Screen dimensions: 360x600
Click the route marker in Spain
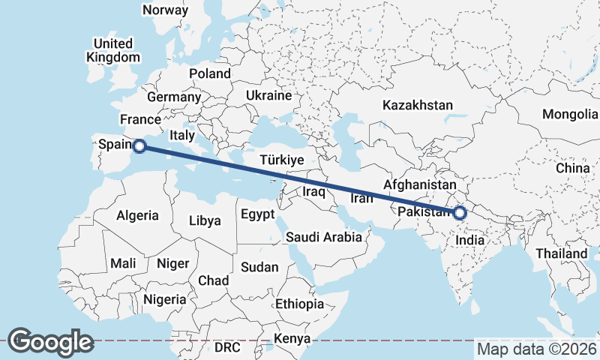click(138, 147)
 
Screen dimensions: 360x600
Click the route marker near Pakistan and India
click(460, 213)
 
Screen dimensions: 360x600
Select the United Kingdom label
click(112, 50)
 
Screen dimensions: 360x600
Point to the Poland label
click(210, 73)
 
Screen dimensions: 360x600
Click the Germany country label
click(174, 97)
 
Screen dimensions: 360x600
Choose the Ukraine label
click(268, 96)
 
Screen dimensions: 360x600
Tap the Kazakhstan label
click(418, 105)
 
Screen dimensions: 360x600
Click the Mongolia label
click(570, 114)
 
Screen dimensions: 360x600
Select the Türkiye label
click(281, 160)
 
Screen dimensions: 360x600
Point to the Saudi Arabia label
click(324, 237)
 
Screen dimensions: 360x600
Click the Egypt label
click(257, 214)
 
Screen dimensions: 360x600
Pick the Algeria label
click(137, 215)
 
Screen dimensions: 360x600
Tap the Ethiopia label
click(299, 304)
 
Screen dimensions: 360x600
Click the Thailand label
click(561, 253)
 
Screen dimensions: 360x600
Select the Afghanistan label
click(420, 184)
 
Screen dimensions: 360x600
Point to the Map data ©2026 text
click(537, 349)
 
